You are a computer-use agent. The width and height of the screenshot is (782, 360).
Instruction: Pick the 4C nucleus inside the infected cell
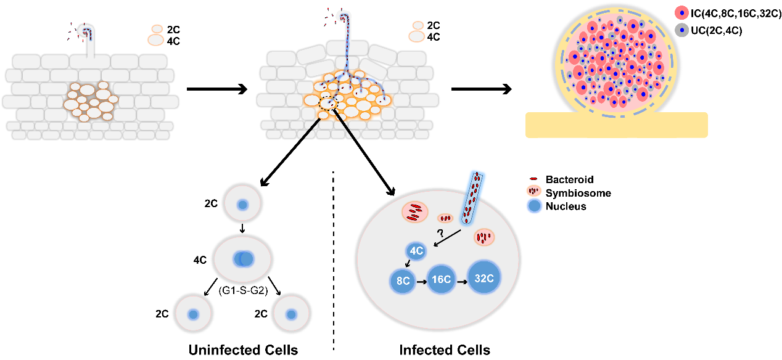click(x=416, y=251)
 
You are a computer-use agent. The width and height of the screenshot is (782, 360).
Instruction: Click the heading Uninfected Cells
click(x=243, y=350)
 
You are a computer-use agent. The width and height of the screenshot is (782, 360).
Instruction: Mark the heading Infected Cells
click(x=445, y=350)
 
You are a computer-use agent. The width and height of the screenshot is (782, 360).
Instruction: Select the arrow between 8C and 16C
click(x=422, y=280)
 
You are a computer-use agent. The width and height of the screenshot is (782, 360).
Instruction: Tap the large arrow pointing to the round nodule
click(x=481, y=89)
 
